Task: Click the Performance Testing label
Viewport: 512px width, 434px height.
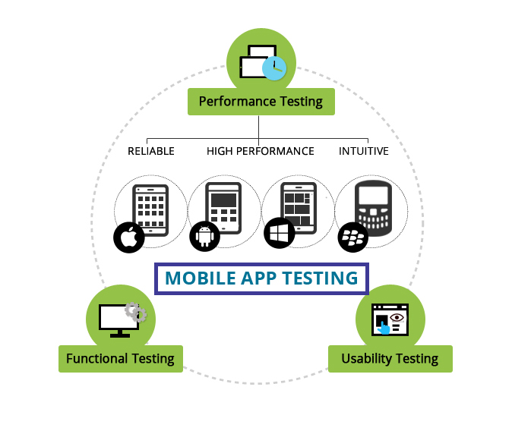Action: coord(261,101)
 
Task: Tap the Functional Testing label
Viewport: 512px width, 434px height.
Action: coord(120,358)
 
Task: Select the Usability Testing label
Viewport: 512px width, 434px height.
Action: coord(390,358)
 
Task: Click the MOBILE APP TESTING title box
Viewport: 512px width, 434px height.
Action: coord(261,278)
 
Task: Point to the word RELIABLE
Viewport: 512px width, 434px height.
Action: coord(151,151)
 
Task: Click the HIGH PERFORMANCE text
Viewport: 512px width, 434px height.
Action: coord(261,151)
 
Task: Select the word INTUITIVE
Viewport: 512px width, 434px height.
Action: coord(364,151)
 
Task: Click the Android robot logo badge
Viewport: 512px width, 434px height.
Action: coord(204,236)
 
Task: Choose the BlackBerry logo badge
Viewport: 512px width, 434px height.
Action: coord(352,237)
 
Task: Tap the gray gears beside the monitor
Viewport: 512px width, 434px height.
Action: coord(137,313)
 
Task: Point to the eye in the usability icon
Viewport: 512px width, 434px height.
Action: coord(397,315)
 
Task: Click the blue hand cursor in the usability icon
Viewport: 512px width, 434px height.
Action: coord(384,327)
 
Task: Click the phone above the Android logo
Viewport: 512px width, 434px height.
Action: coord(223,205)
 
